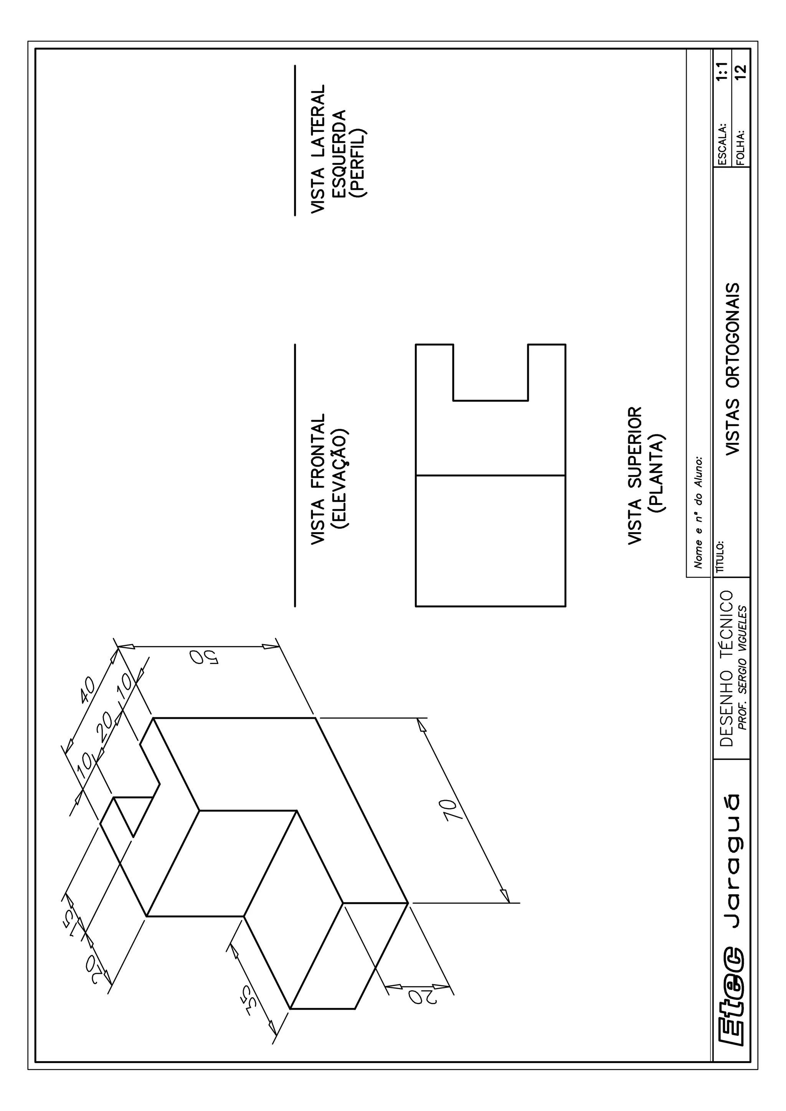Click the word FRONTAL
318,450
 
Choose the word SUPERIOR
634,448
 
